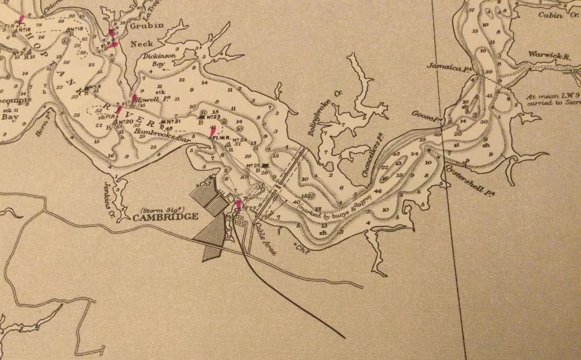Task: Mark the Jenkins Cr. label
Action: click(109, 194)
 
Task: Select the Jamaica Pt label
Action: click(445, 65)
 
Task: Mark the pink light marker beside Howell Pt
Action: click(134, 99)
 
